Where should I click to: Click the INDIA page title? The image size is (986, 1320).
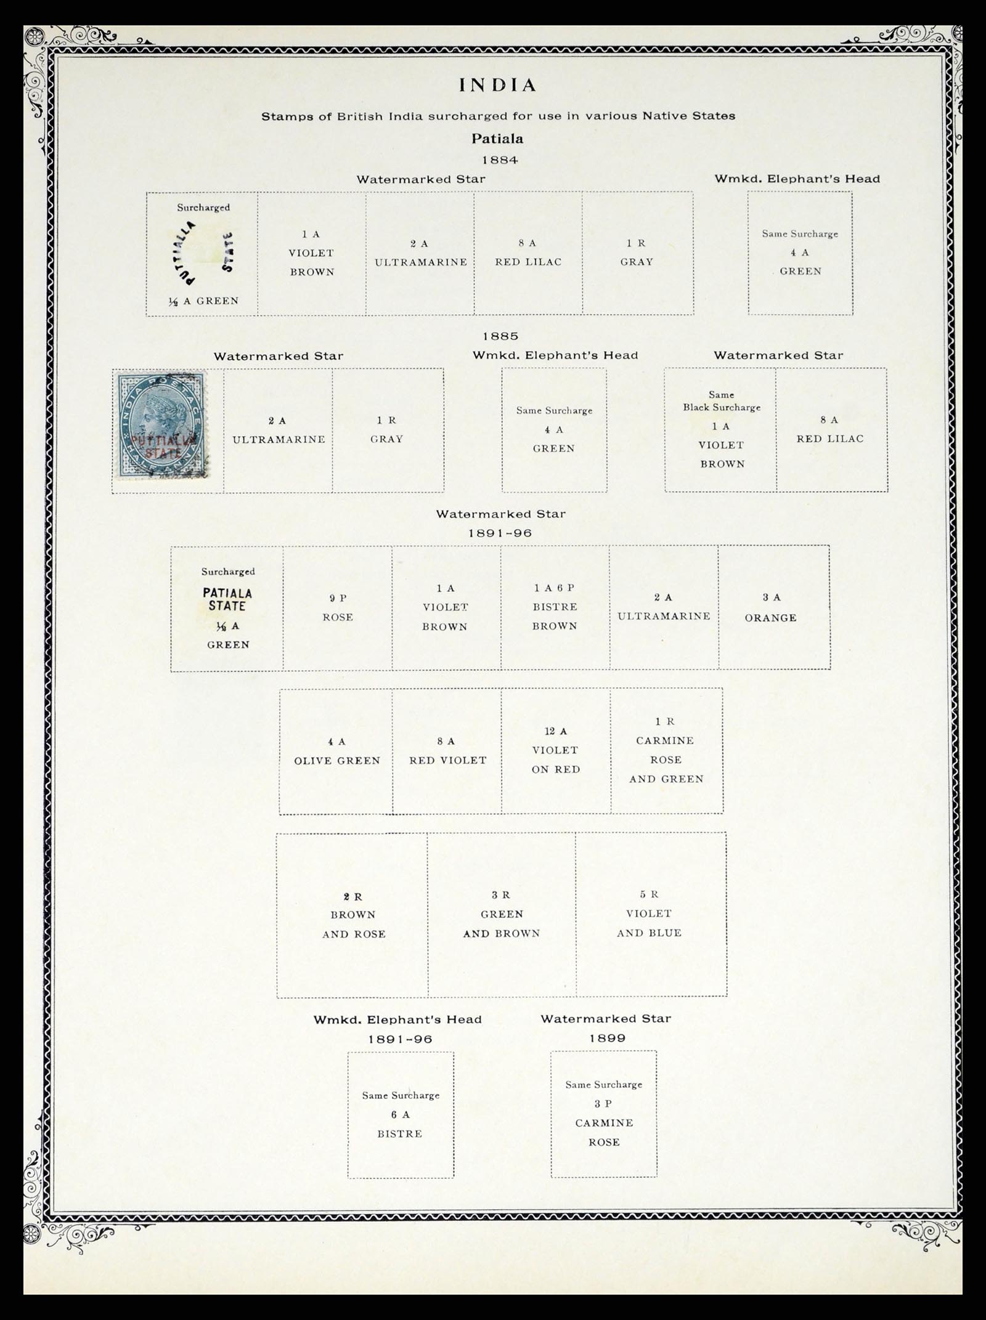[x=498, y=85]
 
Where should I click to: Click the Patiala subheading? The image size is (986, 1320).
[x=497, y=139]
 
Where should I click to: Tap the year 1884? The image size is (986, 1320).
[x=500, y=160]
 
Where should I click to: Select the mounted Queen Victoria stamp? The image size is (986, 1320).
[x=161, y=424]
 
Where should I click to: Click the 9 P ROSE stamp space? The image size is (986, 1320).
[x=338, y=608]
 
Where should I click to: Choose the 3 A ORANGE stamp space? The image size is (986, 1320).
[x=773, y=608]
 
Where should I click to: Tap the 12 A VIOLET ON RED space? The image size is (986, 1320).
[x=556, y=751]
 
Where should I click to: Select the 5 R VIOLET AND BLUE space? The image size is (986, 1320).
[x=651, y=914]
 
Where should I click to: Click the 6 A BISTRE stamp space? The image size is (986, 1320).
[x=401, y=1115]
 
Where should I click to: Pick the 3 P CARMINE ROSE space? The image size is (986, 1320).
[x=604, y=1114]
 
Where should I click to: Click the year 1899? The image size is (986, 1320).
[x=608, y=1039]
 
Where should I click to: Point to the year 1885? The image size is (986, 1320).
[x=500, y=336]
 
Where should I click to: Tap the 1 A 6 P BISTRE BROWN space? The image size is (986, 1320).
[x=555, y=608]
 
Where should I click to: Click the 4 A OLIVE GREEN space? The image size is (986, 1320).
[x=336, y=751]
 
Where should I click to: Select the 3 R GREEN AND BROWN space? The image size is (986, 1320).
[x=502, y=915]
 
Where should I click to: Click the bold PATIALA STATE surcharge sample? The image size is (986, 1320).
[x=227, y=599]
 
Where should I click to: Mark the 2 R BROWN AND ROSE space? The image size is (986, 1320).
[x=352, y=915]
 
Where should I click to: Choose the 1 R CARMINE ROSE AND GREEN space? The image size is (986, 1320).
[x=667, y=751]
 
